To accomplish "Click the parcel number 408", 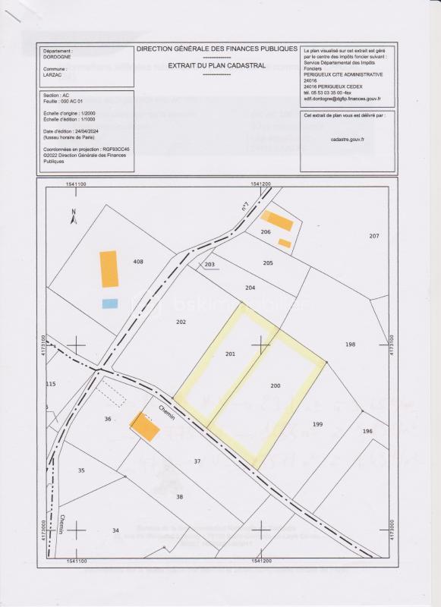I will coord(138,262).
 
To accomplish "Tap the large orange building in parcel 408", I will coord(109,269).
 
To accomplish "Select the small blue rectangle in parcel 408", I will coord(110,303).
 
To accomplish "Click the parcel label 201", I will coord(232,354).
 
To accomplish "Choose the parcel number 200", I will coord(276,385).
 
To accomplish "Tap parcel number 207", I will coord(373,237).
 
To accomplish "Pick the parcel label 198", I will coord(350,344).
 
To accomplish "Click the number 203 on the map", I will coord(210,265).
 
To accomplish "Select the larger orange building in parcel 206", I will coord(282,222).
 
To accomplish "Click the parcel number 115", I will coord(51,384).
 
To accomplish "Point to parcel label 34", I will coord(115,530).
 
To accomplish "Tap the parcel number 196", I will coord(367,431).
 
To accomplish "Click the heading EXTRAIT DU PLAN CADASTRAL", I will coord(216,66).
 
